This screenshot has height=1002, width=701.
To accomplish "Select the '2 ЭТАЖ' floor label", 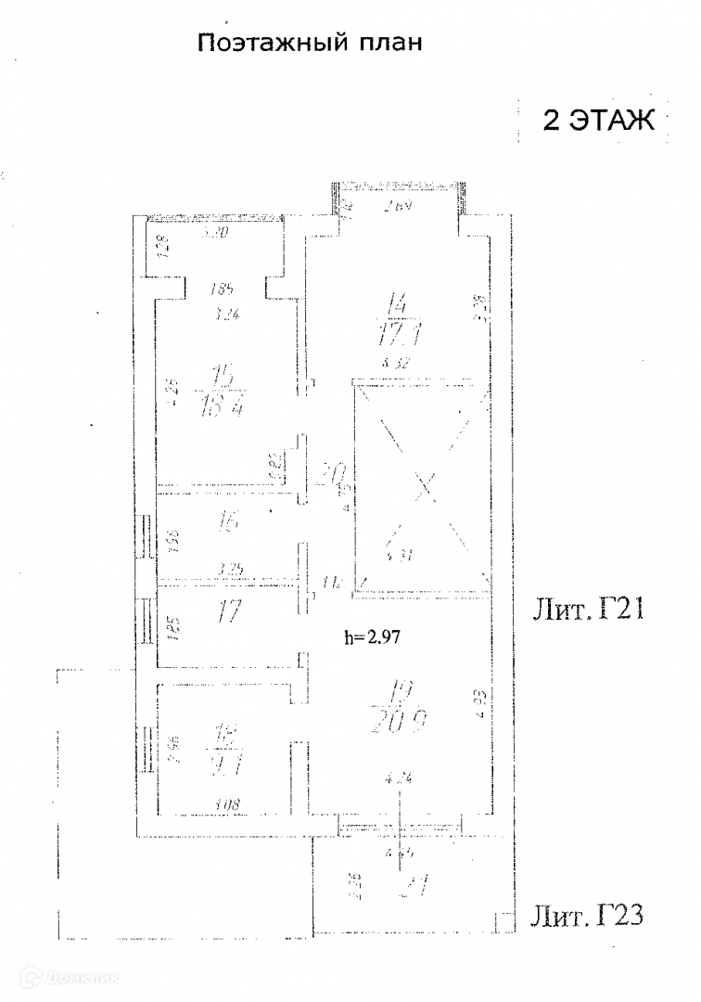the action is pos(598,122).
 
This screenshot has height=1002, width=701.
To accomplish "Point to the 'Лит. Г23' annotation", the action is pos(586,917).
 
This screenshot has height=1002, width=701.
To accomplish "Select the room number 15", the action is pos(223,378).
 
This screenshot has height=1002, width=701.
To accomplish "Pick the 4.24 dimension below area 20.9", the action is pos(401,778).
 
